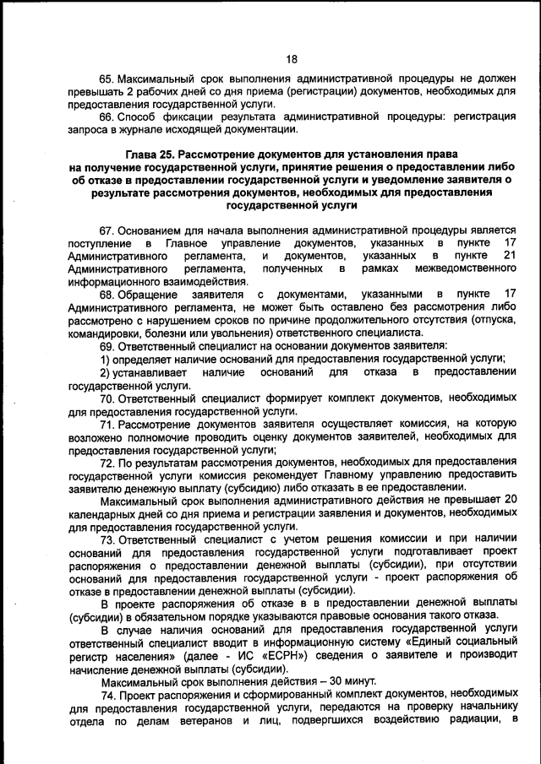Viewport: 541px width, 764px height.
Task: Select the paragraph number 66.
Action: [107, 116]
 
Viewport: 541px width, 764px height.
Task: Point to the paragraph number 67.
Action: [107, 230]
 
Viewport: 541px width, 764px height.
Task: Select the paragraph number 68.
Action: [107, 294]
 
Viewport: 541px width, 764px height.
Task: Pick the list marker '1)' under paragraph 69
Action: [107, 358]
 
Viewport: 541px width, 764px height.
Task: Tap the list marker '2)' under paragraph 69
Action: [107, 371]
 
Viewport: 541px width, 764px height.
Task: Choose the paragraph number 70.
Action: [107, 397]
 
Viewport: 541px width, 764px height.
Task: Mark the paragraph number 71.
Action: [107, 423]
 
